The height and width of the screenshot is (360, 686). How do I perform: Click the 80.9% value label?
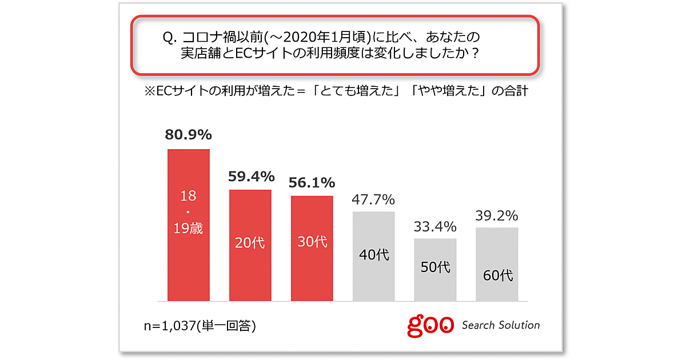click(189, 135)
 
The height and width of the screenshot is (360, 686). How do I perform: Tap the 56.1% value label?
click(312, 183)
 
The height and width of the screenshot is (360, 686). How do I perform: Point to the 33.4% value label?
click(436, 226)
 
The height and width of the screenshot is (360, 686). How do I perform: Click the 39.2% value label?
click(497, 215)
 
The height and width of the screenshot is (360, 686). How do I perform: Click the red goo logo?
click(431, 325)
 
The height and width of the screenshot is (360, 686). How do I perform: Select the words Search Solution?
click(500, 325)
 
